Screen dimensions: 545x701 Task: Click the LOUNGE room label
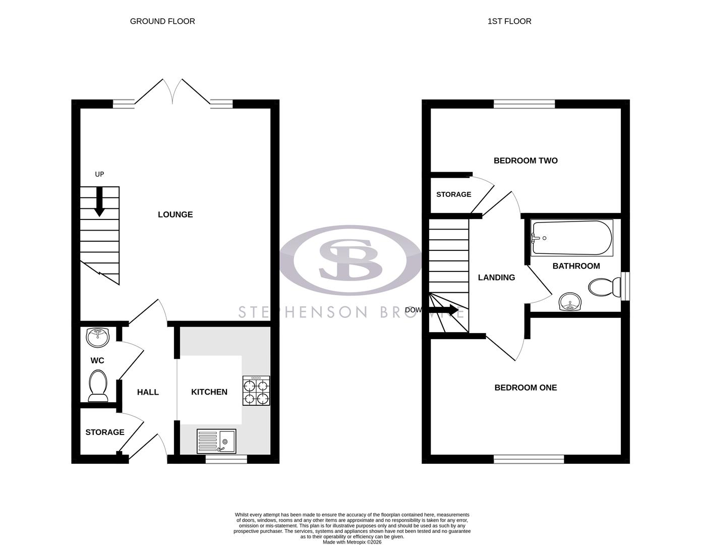[x=175, y=214]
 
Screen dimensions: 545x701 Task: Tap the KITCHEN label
[x=209, y=392]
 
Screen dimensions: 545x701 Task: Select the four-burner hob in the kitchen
[x=256, y=391]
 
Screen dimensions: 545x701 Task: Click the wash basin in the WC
[x=98, y=337]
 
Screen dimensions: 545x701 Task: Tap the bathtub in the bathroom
[x=572, y=238]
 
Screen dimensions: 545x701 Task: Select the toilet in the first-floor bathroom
[x=604, y=288]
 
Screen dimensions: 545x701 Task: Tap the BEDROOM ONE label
[x=525, y=388]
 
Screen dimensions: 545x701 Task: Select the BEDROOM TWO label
[x=525, y=160]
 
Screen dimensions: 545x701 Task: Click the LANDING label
[x=496, y=278]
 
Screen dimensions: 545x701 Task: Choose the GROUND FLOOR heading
[x=162, y=21]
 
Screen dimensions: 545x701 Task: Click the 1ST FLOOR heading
[x=509, y=21]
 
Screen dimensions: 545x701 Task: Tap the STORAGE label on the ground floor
[x=105, y=432]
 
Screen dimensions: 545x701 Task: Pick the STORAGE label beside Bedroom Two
[x=453, y=194]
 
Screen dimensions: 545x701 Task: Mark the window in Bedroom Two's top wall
[x=524, y=104]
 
